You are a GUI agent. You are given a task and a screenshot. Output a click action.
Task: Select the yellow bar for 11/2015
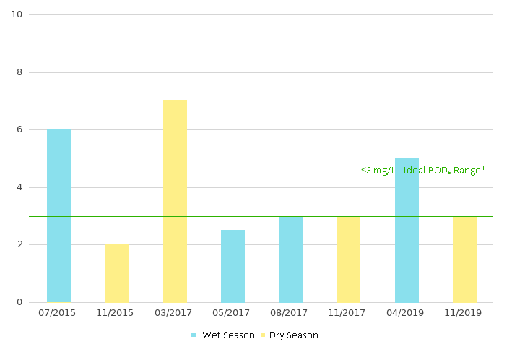(116, 273)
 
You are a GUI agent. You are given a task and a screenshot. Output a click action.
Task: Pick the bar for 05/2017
(233, 266)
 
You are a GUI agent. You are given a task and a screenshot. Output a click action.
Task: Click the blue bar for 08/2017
(290, 259)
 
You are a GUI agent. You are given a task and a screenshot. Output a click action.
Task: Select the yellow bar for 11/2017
(348, 259)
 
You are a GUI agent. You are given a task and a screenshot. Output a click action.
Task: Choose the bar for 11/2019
(464, 259)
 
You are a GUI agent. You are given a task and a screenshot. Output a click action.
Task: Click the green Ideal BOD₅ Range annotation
(423, 171)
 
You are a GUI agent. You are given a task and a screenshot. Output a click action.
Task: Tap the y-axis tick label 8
(19, 72)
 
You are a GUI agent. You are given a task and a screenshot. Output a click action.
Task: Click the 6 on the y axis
(19, 129)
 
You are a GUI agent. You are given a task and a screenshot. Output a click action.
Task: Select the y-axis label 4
(19, 187)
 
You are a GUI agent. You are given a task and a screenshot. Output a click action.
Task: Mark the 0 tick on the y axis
(19, 302)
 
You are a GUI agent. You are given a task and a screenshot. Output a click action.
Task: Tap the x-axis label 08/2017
(290, 313)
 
